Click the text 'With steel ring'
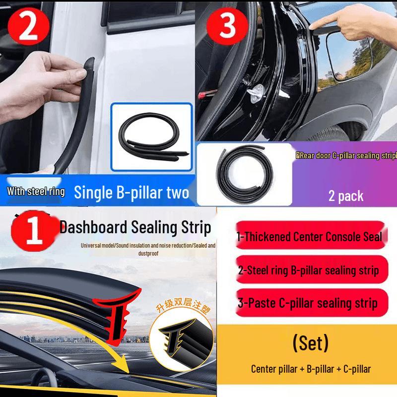[x=36, y=192]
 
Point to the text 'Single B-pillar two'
[x=132, y=193]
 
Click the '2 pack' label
[x=346, y=196]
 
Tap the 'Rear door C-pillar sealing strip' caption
[x=345, y=155]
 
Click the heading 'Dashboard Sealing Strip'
[x=135, y=228]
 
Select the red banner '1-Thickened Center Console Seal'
[x=310, y=236]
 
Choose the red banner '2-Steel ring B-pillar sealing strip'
[x=309, y=270]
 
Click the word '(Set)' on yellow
[x=311, y=343]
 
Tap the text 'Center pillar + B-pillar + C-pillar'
[x=311, y=369]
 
